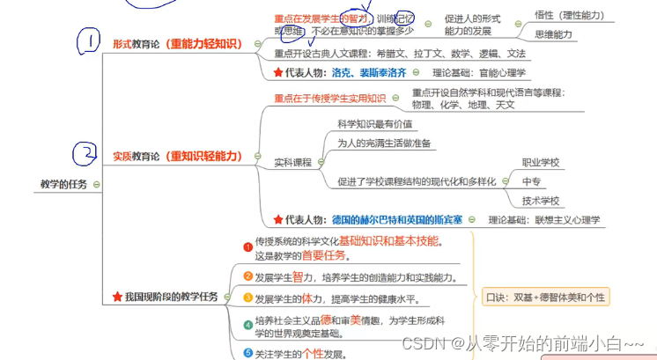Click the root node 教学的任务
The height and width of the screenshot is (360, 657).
coord(63,184)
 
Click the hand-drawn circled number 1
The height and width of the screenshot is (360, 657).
coord(89,41)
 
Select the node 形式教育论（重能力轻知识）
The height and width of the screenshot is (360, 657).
coord(177,43)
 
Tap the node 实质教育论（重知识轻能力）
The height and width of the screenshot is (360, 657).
coord(177,156)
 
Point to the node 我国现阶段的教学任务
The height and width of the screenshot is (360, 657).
coord(171,297)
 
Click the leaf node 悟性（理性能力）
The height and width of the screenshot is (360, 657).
coord(569,15)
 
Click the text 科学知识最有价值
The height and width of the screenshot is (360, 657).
coord(374,125)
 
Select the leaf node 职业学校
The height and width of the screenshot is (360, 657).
coord(541,162)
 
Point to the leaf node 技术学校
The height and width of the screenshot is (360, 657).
coord(541,201)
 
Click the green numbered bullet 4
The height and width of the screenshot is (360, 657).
coord(247,325)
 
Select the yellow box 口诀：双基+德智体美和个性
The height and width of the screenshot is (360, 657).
coord(546,297)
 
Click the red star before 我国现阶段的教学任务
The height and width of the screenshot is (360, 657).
coord(117,297)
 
